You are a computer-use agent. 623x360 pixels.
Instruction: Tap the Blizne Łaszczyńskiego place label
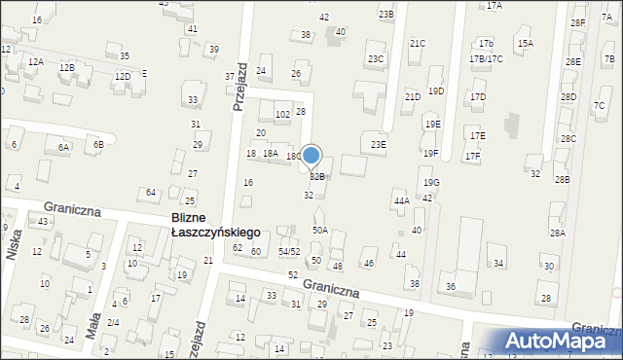click(x=214, y=227)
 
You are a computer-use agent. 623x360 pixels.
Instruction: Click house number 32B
click(x=317, y=177)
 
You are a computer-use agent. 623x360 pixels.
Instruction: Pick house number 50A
click(x=319, y=231)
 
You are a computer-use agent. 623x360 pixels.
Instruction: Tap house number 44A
click(x=401, y=201)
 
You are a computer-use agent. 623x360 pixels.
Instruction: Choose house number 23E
click(x=378, y=145)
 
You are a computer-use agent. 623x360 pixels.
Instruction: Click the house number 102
click(x=282, y=115)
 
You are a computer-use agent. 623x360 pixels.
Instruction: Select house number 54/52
click(x=289, y=252)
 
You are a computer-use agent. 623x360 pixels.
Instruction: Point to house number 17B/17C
click(x=486, y=58)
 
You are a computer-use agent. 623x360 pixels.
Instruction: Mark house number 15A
click(x=525, y=44)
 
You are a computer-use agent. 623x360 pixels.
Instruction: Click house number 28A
click(x=557, y=233)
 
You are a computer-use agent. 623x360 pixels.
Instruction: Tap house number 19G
click(x=430, y=183)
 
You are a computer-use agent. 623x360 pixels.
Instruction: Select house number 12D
click(x=122, y=76)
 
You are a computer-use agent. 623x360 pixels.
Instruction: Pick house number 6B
click(x=97, y=144)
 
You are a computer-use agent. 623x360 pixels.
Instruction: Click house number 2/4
click(x=113, y=322)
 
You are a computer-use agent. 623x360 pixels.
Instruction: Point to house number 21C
click(x=417, y=44)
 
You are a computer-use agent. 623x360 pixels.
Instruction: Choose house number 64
click(x=151, y=193)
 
